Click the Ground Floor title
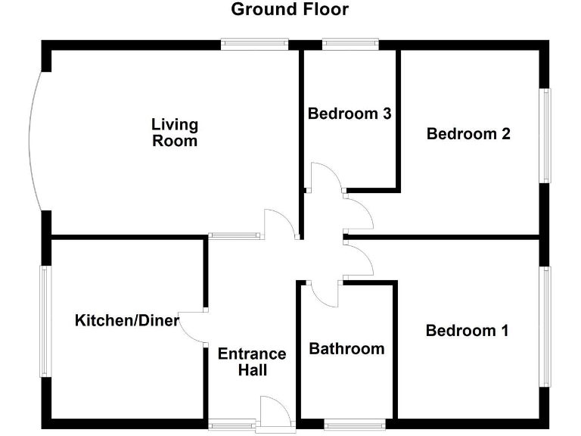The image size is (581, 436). tap(290, 10)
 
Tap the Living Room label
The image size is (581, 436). tap(174, 132)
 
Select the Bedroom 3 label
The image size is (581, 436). tap(350, 114)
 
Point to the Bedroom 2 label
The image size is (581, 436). tap(468, 134)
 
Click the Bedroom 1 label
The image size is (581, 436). tap(467, 331)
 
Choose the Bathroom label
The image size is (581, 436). tap(346, 349)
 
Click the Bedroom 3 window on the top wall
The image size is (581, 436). tap(350, 45)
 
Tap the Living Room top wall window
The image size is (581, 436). tap(255, 45)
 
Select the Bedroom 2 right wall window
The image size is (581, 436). tap(545, 135)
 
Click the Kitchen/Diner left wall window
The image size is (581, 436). tap(45, 321)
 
